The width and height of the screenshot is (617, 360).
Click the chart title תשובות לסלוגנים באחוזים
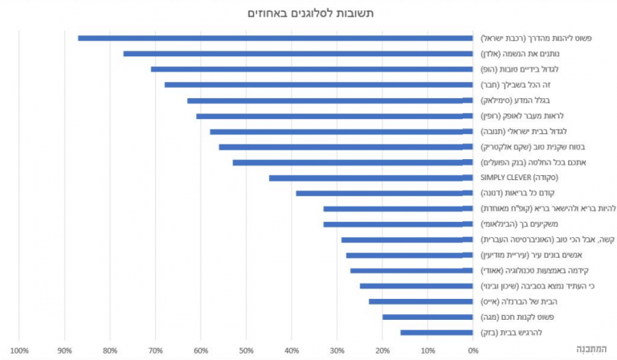point(308,13)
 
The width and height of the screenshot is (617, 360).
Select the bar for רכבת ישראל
point(275,38)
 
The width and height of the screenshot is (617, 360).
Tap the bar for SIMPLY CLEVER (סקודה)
point(370,178)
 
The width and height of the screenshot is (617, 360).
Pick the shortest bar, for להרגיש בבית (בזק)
point(436,332)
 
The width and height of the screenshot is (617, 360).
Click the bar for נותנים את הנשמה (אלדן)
point(297,53)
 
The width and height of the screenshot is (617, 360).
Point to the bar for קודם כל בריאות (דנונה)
point(384,193)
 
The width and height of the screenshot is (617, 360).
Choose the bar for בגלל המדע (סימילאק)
point(329,100)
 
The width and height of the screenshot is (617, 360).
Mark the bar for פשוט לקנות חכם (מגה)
point(427,317)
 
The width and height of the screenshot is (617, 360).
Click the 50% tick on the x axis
point(246,350)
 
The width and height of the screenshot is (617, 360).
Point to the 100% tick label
point(19,350)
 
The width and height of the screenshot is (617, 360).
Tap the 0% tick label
point(472,350)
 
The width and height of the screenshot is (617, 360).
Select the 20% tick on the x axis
point(382,350)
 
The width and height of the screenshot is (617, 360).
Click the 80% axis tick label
point(110,350)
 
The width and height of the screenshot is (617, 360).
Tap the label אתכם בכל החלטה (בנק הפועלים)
point(535,162)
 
